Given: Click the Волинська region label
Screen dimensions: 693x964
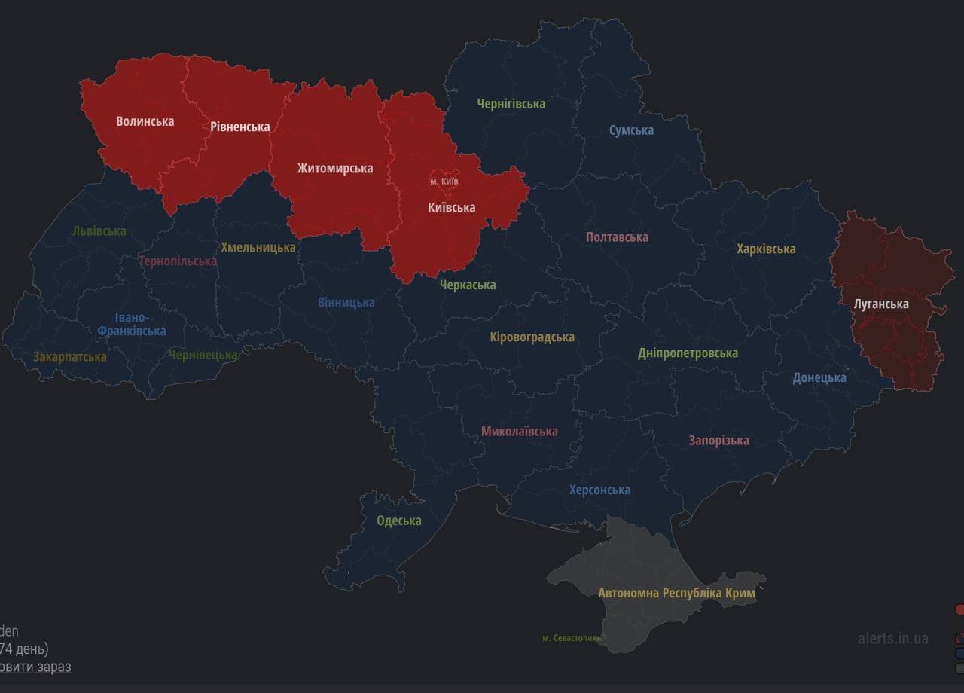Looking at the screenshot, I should [145, 121].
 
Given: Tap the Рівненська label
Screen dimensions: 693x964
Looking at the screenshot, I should [239, 127].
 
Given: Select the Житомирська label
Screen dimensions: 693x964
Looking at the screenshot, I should [334, 168].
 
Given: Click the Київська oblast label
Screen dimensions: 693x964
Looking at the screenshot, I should [451, 207].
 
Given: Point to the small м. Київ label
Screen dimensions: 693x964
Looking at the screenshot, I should [444, 182].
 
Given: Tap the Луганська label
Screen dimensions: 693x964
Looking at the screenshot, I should [880, 304].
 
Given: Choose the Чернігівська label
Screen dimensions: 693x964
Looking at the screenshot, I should [511, 104].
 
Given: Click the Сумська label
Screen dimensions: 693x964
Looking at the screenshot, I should [631, 130].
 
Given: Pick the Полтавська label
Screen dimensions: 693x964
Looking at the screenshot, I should [617, 237].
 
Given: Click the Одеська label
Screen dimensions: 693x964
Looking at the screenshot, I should [398, 521].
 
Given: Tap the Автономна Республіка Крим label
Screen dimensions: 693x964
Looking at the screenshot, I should [676, 593].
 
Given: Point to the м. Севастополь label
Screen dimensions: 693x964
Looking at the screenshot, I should [572, 638].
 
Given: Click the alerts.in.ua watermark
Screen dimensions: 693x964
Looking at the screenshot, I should [892, 638].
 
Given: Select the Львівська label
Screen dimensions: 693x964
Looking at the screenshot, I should [99, 231].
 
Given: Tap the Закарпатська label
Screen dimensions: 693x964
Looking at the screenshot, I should [69, 356].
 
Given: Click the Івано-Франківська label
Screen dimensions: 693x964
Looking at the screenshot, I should [131, 325].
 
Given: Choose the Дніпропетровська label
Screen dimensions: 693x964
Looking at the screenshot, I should [688, 353].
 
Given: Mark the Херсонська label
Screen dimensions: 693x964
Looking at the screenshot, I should [599, 490].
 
